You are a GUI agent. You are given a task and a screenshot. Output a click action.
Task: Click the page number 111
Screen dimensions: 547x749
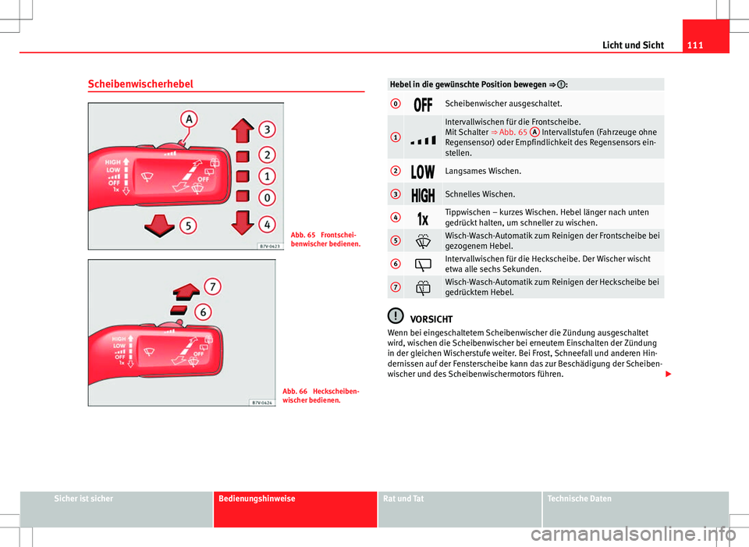689,44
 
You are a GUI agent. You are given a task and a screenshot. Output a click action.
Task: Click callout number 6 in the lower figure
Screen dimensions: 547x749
203,311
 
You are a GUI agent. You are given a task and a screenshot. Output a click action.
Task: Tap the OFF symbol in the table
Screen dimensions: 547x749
423,104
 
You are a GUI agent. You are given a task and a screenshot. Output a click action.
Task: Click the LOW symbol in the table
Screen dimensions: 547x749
423,171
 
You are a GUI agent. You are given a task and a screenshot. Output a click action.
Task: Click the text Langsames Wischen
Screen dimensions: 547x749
483,171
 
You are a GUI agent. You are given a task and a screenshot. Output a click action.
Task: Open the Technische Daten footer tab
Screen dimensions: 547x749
580,498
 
